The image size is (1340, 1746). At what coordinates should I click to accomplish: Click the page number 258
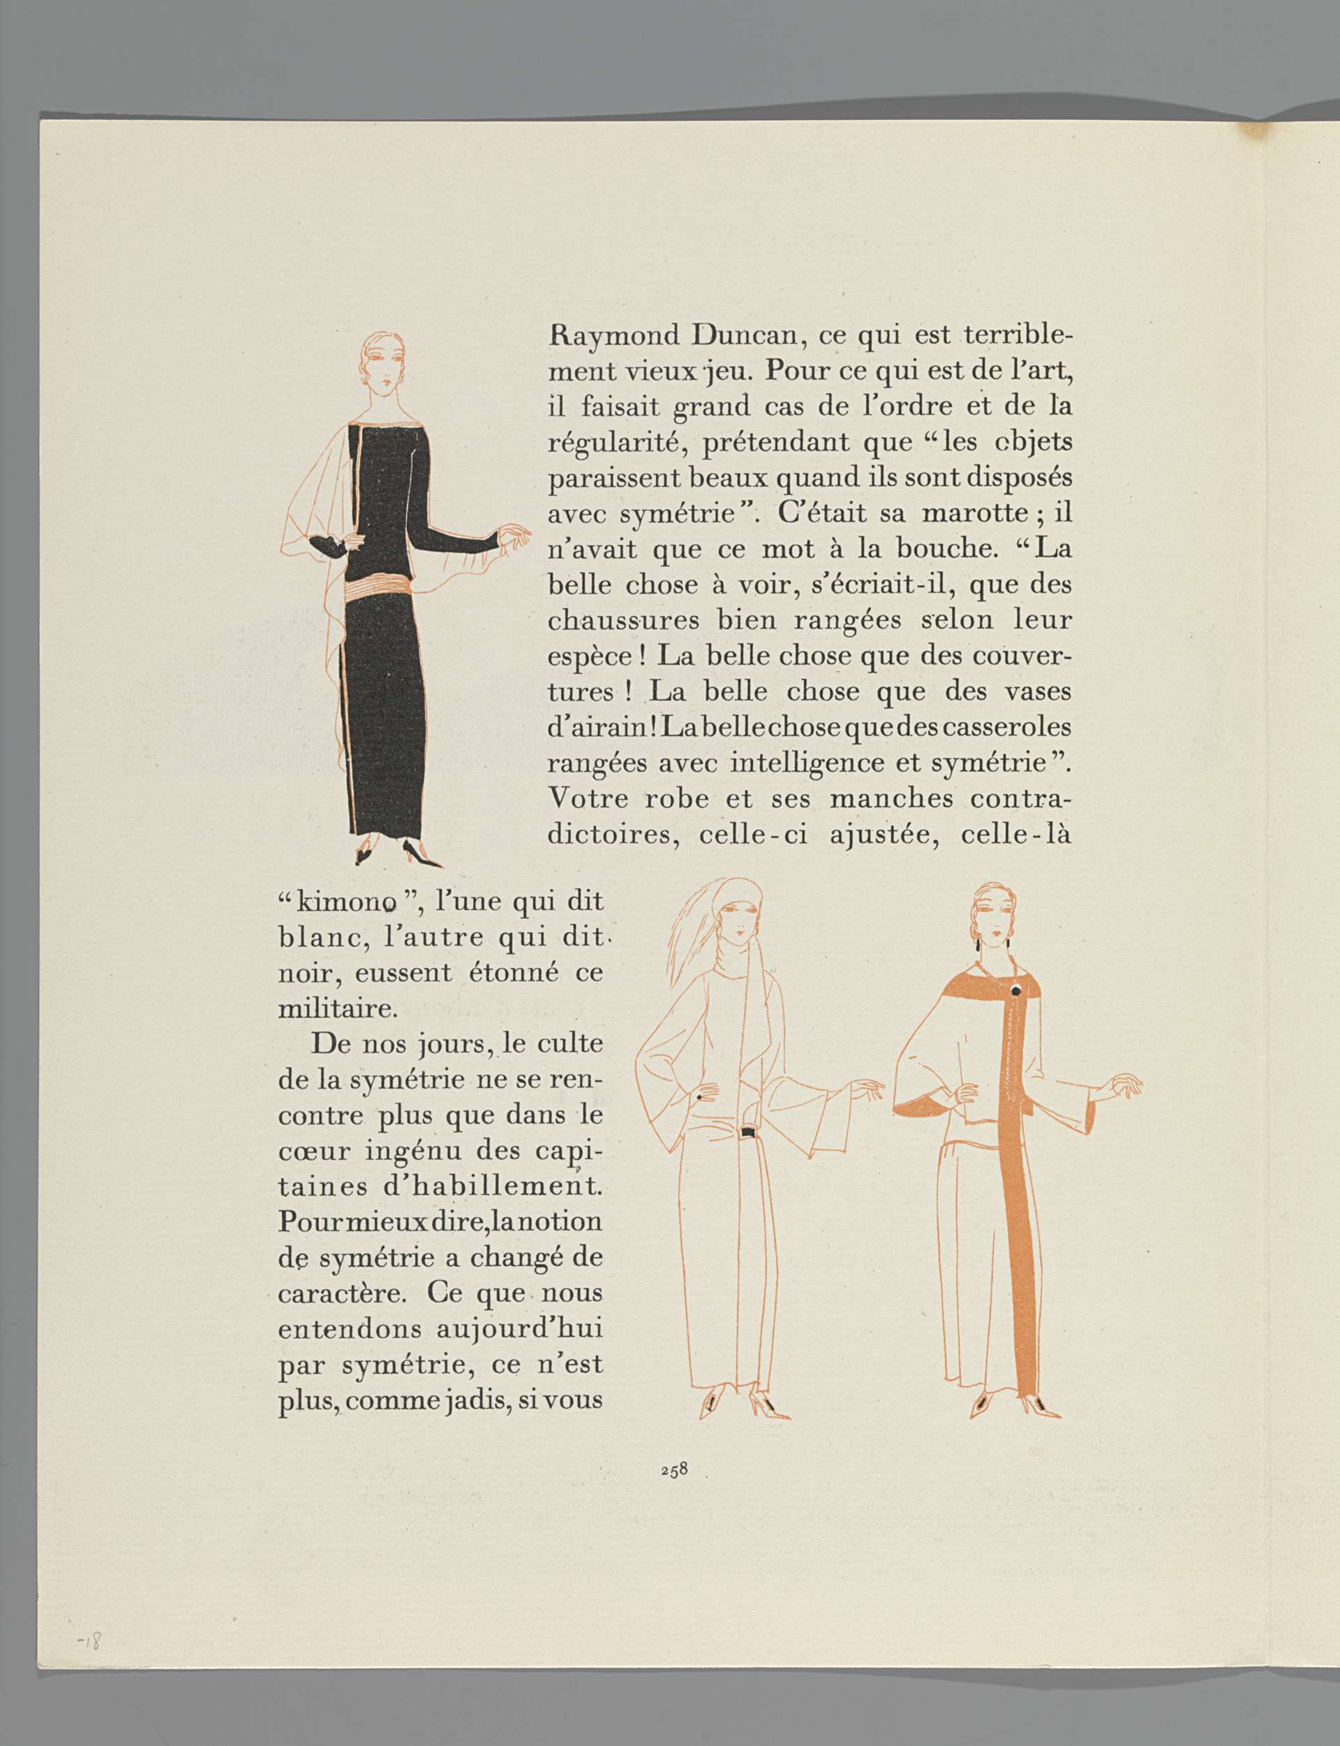click(674, 1469)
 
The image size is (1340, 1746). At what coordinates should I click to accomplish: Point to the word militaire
click(336, 1009)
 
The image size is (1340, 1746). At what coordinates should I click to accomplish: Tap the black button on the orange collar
click(1015, 991)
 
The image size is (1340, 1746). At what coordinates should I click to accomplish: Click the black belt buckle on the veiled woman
click(749, 1131)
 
